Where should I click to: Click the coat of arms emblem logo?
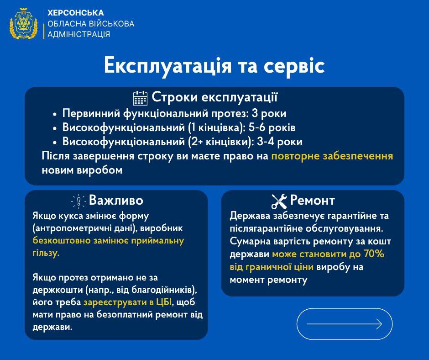point(23,23)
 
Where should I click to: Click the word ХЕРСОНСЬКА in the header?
point(75,13)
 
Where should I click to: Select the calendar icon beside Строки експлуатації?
point(140,98)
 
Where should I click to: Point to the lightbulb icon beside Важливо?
point(79,201)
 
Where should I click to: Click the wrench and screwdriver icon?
point(278,201)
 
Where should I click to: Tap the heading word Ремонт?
point(313,201)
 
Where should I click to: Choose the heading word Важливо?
point(116,201)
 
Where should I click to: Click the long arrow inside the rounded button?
point(344,324)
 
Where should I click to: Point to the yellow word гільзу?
point(46,253)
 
